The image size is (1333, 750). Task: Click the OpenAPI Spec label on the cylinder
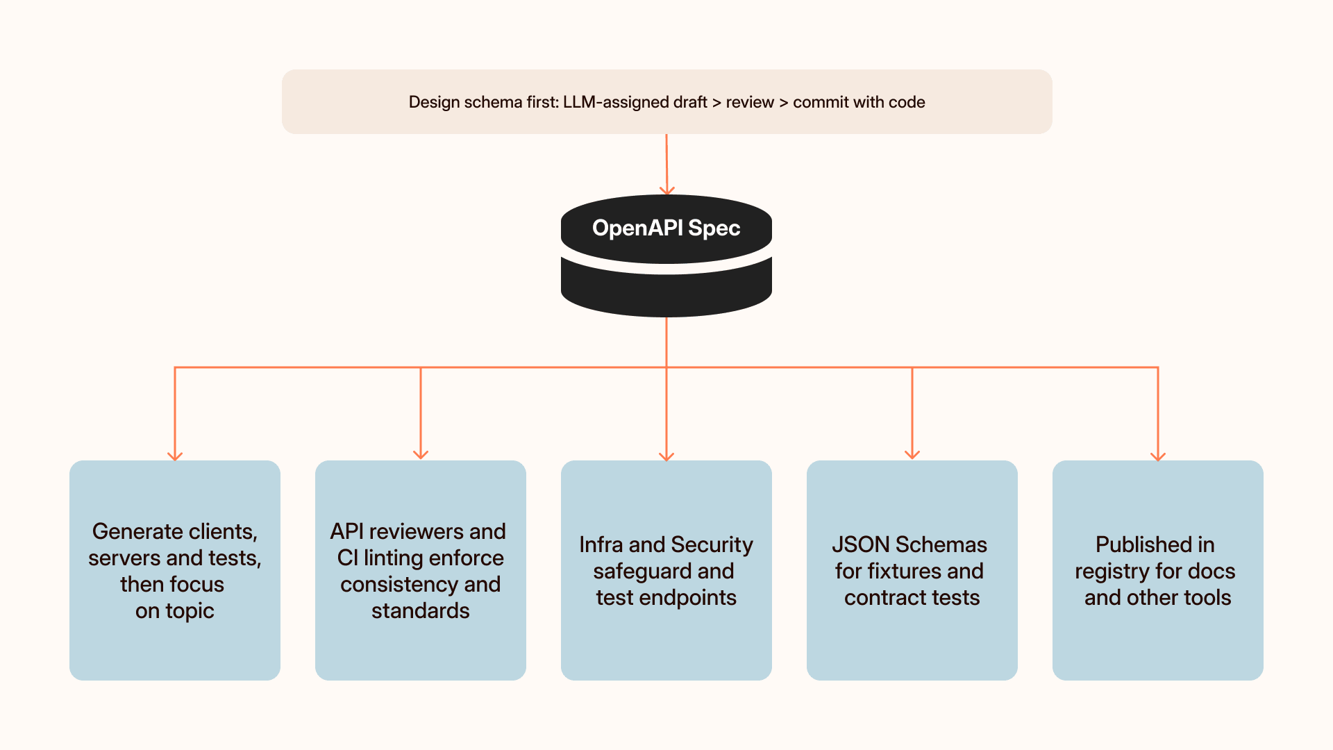click(x=666, y=228)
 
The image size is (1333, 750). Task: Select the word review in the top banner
click(x=750, y=102)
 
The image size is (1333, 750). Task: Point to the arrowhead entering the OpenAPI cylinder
click(x=667, y=190)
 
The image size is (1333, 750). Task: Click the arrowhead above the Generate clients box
click(x=175, y=456)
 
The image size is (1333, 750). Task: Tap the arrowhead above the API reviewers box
click(x=421, y=454)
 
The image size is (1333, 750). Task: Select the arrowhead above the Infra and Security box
click(x=666, y=456)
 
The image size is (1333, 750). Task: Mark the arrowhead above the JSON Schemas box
click(x=912, y=454)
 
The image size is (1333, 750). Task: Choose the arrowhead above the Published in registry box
click(x=1158, y=456)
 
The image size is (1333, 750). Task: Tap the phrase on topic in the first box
click(x=175, y=611)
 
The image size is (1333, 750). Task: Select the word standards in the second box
click(x=421, y=611)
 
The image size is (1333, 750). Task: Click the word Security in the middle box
click(x=712, y=545)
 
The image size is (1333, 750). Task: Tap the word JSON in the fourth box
click(x=861, y=544)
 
